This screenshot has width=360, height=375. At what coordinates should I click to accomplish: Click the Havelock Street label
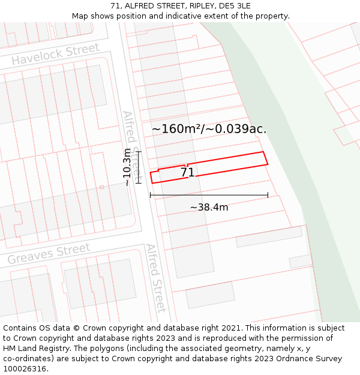[55, 55]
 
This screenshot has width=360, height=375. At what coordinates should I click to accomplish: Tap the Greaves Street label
[49, 254]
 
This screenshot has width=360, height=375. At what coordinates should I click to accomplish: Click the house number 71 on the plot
[187, 173]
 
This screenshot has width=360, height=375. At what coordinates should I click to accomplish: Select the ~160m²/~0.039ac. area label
[209, 129]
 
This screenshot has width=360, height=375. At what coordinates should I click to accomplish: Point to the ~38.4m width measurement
[209, 208]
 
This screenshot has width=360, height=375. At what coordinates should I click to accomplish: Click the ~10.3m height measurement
[127, 167]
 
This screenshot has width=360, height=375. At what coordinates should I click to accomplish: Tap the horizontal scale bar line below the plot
[209, 195]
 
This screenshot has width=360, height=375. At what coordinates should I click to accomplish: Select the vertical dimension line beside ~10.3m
[139, 167]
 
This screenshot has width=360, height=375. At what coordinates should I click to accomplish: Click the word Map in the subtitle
[81, 16]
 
